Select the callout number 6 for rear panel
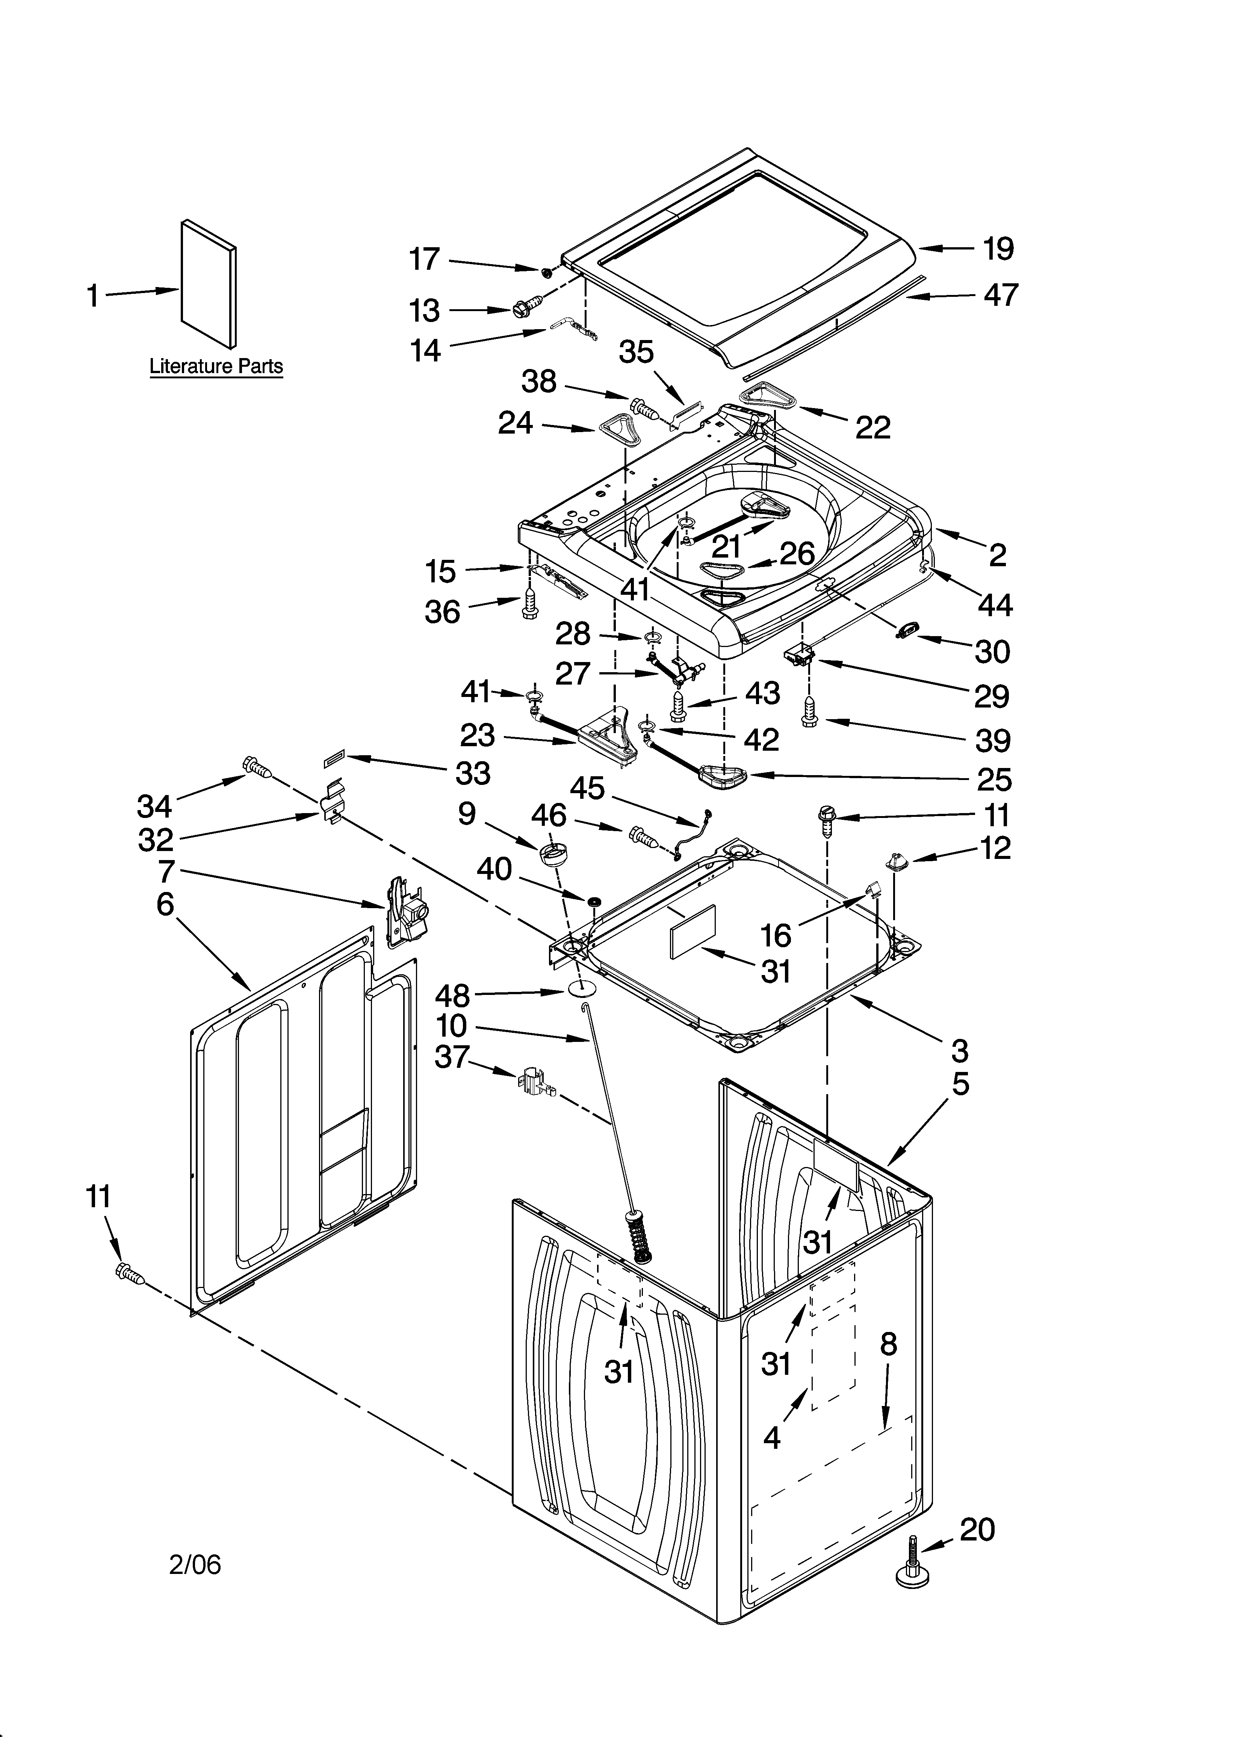click(x=165, y=904)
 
